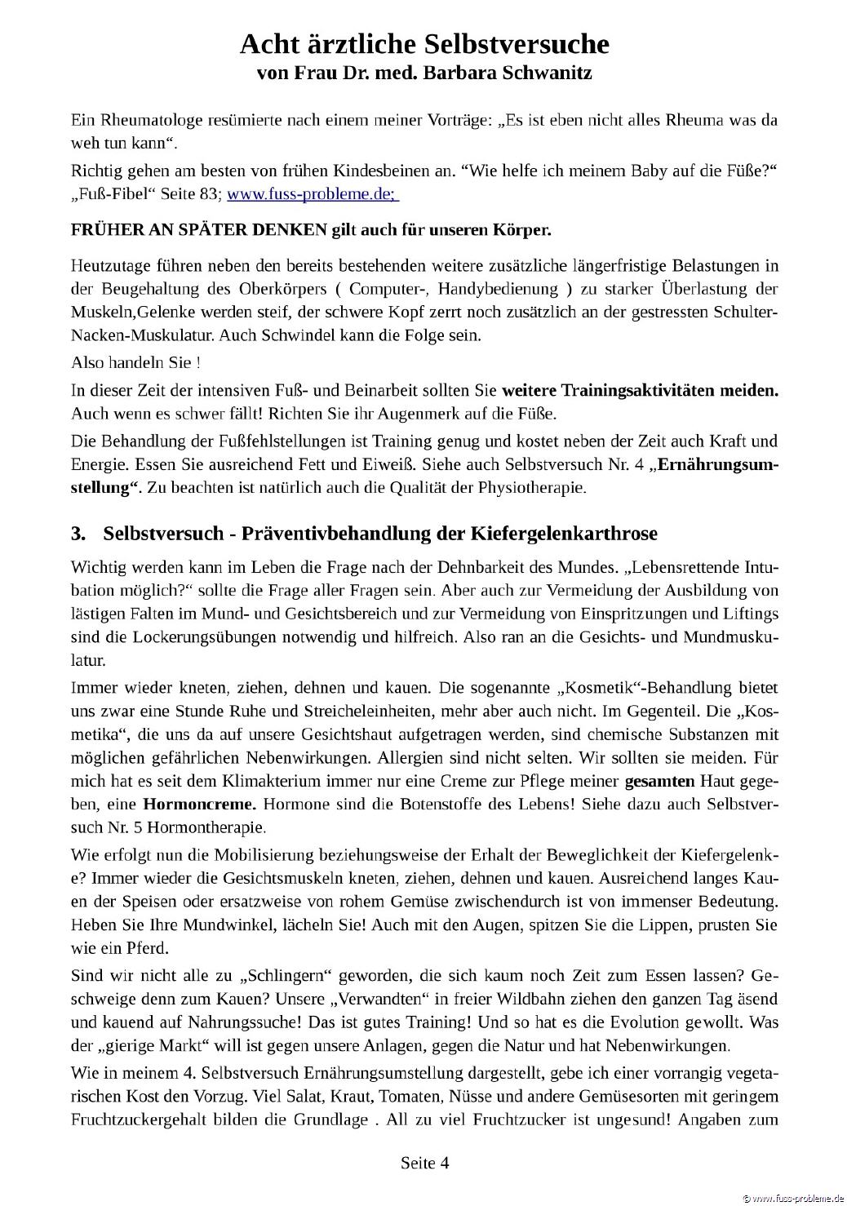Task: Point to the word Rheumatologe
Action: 147,120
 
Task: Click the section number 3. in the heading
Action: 78,534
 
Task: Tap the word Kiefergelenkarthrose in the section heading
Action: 564,534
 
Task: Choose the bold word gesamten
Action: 659,781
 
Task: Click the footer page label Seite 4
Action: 424,1163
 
